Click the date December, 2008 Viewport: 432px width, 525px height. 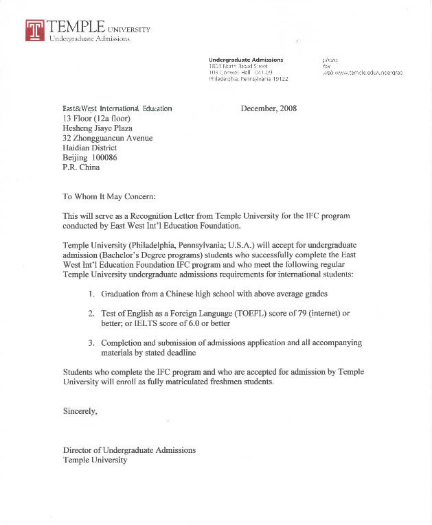(269, 108)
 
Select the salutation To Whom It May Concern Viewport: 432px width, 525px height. (109, 196)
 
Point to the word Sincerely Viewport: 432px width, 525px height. (80, 411)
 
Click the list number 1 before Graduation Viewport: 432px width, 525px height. (91, 294)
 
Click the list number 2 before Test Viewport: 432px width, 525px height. (91, 313)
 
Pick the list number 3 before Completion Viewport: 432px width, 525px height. (91, 342)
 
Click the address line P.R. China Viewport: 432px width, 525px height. (81, 167)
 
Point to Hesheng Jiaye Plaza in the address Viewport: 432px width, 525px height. (98, 128)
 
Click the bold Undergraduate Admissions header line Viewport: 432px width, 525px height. (245, 60)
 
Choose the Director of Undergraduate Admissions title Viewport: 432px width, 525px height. (129, 450)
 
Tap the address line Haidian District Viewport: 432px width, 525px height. (90, 148)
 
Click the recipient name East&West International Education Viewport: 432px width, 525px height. (117, 108)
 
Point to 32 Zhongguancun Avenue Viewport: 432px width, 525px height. (108, 137)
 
